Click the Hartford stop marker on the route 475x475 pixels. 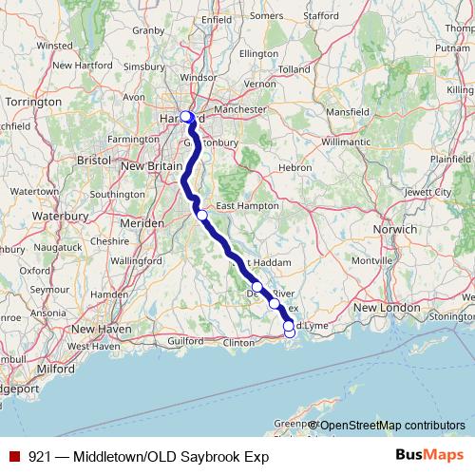pos(186,117)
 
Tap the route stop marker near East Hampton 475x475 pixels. pos(202,215)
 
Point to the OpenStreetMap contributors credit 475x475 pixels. pos(391,426)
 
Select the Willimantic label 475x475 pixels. pos(347,141)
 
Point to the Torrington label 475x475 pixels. pos(32,100)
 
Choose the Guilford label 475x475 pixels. pos(185,338)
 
